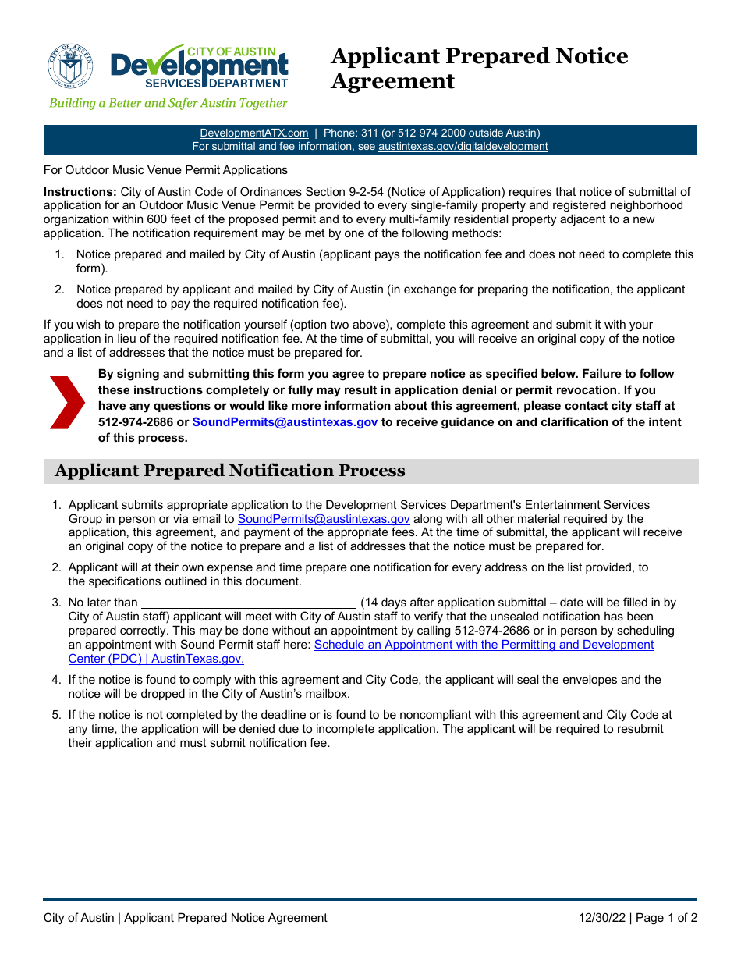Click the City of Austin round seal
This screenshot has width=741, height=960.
[x=70, y=66]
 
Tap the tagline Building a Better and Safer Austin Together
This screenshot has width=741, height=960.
[x=168, y=103]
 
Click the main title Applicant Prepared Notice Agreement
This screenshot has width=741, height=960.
[x=479, y=69]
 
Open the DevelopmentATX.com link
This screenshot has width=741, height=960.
[x=253, y=133]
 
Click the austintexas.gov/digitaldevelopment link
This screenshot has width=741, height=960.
[x=463, y=146]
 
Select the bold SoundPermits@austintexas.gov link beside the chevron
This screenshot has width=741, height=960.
[x=285, y=422]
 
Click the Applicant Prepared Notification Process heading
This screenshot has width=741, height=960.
[x=230, y=471]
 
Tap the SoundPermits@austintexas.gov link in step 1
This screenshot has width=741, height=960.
[x=324, y=519]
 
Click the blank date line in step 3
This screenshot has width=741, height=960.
[x=248, y=603]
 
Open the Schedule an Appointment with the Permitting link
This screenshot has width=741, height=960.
[x=484, y=645]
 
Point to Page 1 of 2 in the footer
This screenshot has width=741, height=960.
[x=666, y=918]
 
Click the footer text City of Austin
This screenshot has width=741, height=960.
[x=79, y=918]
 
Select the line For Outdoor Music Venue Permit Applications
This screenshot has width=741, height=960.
[x=165, y=170]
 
